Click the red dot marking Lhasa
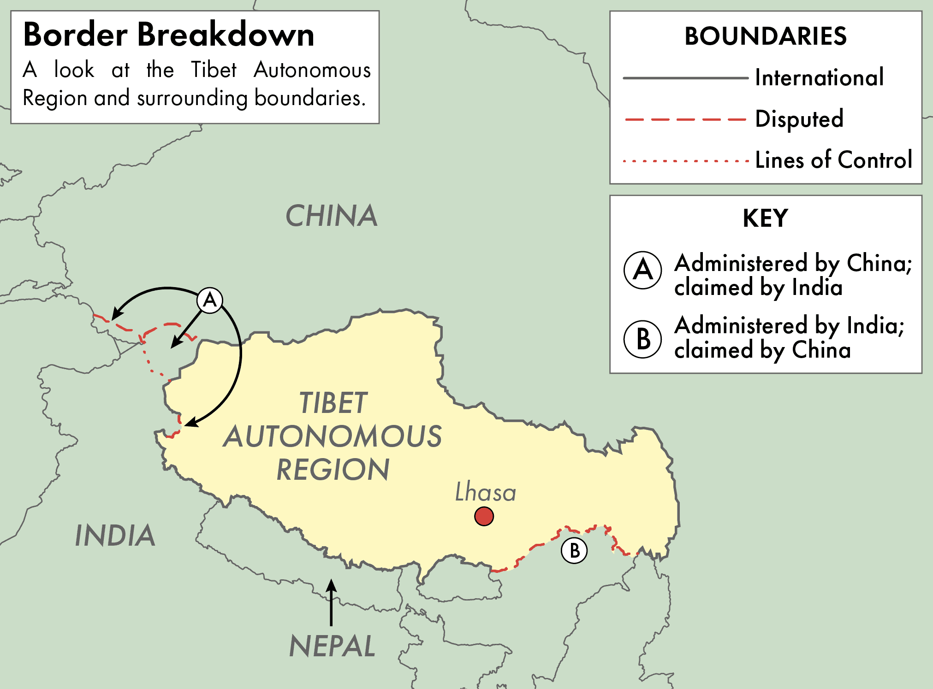(x=484, y=516)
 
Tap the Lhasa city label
(x=485, y=492)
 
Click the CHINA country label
(x=332, y=216)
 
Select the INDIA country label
(x=115, y=536)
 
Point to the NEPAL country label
(x=332, y=646)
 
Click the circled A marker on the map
(x=210, y=300)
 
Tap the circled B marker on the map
(x=574, y=550)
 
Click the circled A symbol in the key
(x=642, y=270)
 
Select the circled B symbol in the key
(x=642, y=339)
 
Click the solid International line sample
(x=685, y=78)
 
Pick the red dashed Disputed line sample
(x=685, y=119)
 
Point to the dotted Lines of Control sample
(x=685, y=161)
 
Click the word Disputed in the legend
(x=799, y=119)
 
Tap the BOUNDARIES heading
(x=766, y=36)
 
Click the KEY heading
(x=765, y=218)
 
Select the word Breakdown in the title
(x=226, y=35)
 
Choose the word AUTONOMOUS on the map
(x=333, y=436)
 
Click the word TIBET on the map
(x=333, y=403)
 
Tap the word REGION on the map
(x=333, y=470)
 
